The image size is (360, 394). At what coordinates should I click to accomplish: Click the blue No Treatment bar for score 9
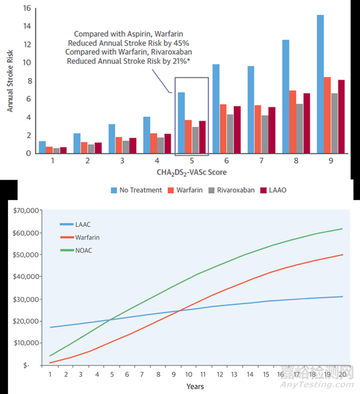[x=320, y=85]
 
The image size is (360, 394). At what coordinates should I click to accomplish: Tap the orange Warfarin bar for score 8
[x=293, y=122]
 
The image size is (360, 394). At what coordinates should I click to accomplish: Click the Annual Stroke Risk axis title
[x=10, y=80]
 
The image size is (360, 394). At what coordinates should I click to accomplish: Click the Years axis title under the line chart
[x=195, y=386]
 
